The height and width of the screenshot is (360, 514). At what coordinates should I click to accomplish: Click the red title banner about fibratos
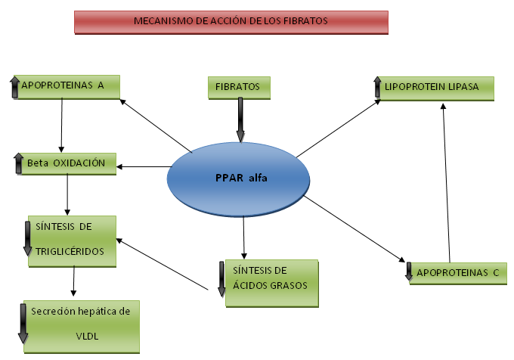click(231, 22)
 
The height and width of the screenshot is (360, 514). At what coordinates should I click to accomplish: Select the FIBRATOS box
click(239, 88)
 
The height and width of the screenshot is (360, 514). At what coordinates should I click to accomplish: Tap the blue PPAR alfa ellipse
click(238, 179)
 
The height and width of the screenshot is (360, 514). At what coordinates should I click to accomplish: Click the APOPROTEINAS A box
click(67, 87)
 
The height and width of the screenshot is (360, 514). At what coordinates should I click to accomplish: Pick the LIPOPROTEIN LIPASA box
click(436, 88)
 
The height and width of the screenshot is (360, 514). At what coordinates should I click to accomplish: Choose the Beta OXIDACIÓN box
click(69, 163)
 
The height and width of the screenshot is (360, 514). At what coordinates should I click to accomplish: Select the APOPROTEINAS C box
click(458, 273)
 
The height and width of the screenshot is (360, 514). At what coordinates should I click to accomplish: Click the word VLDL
click(87, 336)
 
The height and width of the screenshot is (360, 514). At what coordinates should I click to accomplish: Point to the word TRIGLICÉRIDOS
click(70, 252)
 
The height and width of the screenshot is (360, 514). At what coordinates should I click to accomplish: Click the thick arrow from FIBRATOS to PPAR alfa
click(240, 120)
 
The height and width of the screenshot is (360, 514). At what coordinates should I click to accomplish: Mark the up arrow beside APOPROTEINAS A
click(15, 87)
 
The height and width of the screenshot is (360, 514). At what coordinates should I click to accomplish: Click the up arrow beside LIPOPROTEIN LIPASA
click(377, 87)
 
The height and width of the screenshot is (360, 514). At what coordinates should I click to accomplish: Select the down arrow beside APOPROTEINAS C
click(409, 272)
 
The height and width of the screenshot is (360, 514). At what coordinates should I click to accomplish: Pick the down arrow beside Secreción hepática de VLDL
click(23, 324)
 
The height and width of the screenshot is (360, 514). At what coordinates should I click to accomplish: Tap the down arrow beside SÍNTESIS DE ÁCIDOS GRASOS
click(221, 279)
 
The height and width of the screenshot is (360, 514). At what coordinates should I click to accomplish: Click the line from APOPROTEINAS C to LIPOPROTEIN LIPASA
click(446, 183)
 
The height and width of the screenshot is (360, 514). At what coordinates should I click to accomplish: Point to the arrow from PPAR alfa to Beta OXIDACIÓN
click(144, 167)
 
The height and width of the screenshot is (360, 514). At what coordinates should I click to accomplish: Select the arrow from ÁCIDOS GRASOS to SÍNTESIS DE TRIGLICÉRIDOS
click(163, 264)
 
